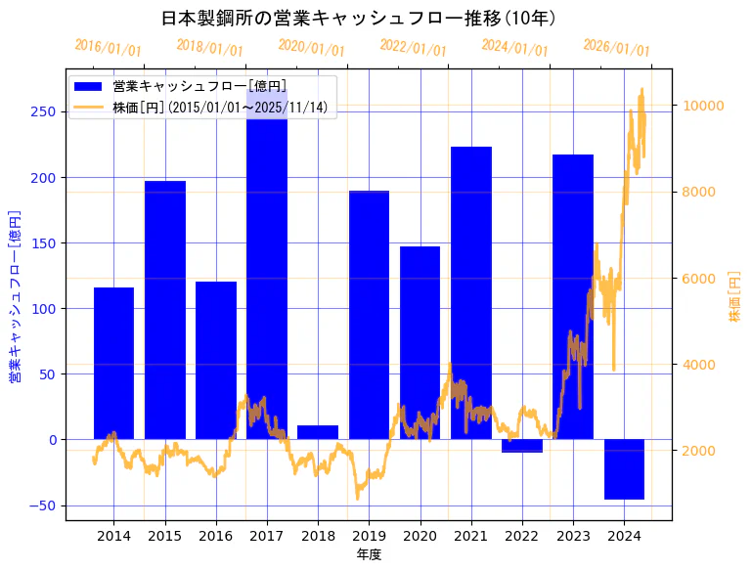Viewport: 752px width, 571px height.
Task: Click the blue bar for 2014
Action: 113,363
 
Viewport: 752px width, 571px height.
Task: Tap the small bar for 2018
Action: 318,432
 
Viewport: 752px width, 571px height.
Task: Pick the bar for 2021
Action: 470,292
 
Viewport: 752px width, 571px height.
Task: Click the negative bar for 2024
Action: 624,469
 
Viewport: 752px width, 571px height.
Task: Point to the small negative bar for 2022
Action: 521,446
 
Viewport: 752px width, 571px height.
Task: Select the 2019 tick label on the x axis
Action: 369,536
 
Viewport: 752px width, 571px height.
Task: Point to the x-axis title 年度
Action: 369,554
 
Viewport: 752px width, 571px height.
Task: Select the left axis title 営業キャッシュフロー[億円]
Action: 15,296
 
